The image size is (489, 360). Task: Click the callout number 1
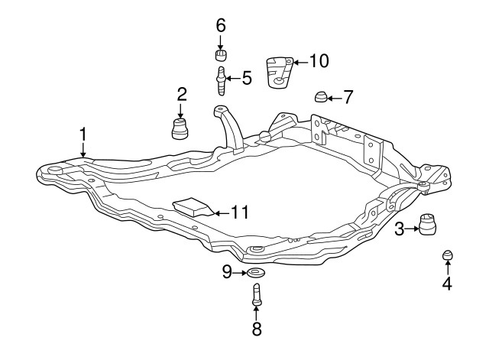tap(83, 135)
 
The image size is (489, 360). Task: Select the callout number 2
tap(182, 95)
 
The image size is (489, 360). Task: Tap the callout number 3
tap(399, 228)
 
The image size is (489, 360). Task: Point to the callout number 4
tap(447, 284)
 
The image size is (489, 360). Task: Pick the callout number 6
tap(221, 25)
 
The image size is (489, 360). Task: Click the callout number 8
tap(256, 329)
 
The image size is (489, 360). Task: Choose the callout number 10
tap(319, 60)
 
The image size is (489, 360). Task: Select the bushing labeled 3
tap(429, 226)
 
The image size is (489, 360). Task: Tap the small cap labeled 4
tap(448, 255)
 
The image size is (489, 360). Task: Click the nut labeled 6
tap(221, 55)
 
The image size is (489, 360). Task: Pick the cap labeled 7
tap(321, 96)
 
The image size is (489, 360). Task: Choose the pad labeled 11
tap(192, 207)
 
